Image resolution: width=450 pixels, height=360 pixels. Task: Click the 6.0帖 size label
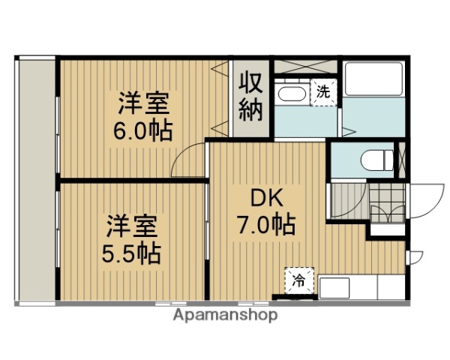tap(142, 130)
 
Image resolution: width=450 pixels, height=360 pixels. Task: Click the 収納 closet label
tap(250, 97)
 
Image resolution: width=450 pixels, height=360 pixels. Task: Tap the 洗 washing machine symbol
tap(323, 93)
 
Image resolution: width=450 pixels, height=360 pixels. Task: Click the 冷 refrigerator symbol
tap(298, 281)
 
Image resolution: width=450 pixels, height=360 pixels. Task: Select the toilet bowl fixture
tap(375, 160)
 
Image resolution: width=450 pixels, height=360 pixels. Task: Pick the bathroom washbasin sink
tap(289, 95)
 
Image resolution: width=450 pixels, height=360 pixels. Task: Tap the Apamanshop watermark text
tap(225, 315)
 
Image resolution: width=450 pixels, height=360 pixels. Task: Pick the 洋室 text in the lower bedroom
tap(132, 224)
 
